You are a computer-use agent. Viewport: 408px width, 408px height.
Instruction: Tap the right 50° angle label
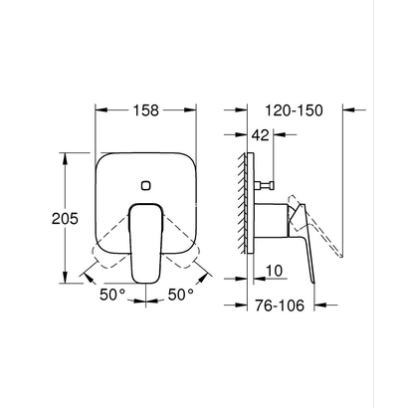click(179, 295)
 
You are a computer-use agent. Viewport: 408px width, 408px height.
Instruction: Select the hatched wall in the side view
click(243, 203)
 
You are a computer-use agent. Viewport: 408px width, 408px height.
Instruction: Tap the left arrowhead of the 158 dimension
click(100, 112)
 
